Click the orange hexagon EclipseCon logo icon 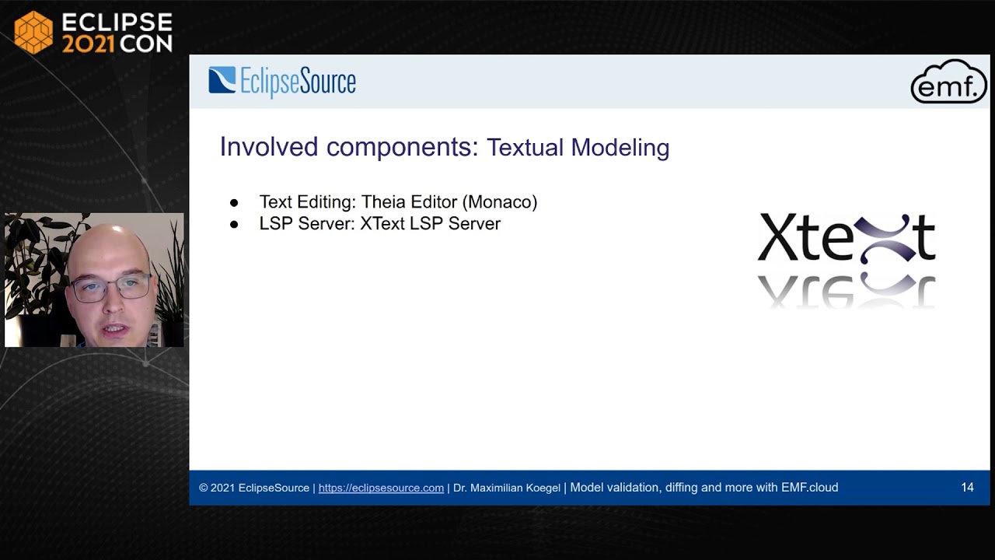click(x=33, y=32)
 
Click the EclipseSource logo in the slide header click(x=281, y=82)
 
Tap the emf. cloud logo click(x=948, y=82)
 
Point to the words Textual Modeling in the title click(x=578, y=148)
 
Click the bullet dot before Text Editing click(x=234, y=203)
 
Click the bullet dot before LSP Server click(x=234, y=224)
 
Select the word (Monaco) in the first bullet click(x=499, y=202)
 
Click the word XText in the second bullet click(x=382, y=224)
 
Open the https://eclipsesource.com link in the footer click(x=381, y=488)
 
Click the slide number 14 click(x=967, y=488)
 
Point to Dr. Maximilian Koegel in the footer click(x=506, y=488)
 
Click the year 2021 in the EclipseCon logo click(x=88, y=44)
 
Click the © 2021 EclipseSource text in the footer click(x=253, y=488)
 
